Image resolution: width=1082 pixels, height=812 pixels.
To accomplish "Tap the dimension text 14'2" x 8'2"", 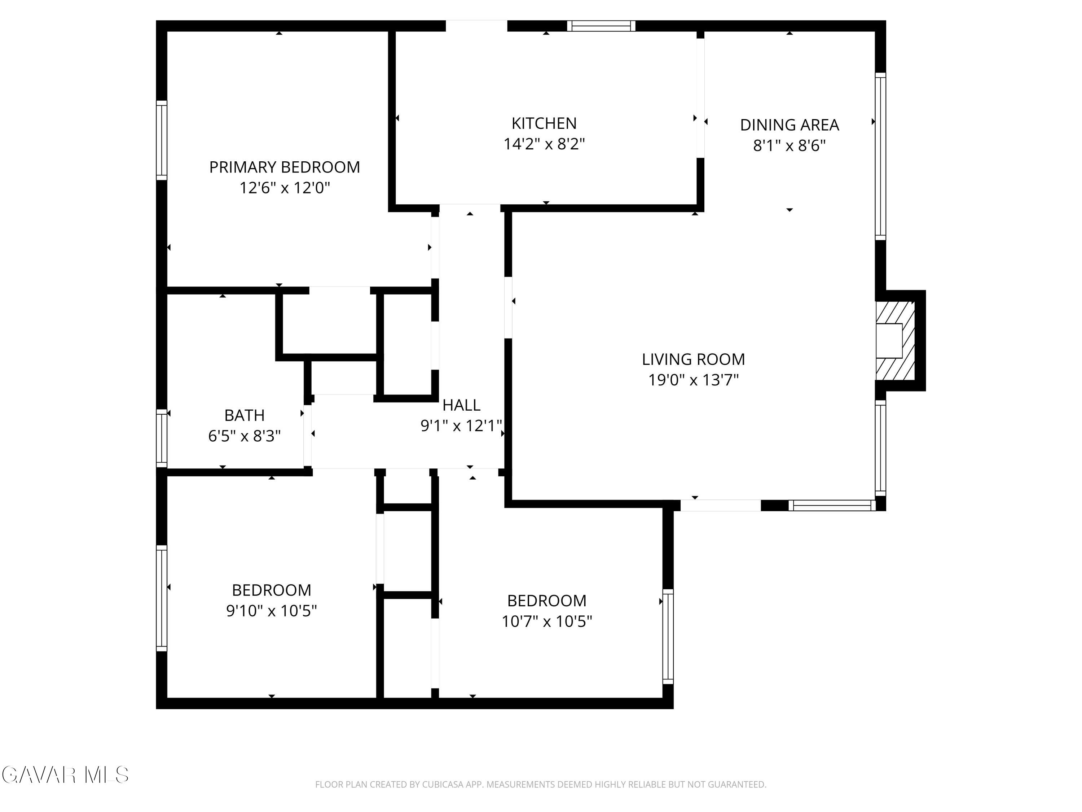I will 544,144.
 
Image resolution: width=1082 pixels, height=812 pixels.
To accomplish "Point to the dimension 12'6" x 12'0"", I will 284,188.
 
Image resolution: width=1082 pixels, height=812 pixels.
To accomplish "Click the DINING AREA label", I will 789,125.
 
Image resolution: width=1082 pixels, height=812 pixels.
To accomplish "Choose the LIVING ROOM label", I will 693,359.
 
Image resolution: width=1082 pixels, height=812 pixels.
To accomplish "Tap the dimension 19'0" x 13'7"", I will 693,380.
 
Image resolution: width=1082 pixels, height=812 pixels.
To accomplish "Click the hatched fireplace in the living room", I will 895,341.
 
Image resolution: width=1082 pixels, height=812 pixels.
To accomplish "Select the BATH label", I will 244,415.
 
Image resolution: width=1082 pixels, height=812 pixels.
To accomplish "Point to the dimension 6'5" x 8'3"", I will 244,436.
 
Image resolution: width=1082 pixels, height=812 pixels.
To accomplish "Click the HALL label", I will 461,405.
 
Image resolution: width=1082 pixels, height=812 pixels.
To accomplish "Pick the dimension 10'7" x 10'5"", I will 546,621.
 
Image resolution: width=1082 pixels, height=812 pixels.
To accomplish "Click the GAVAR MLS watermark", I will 65,775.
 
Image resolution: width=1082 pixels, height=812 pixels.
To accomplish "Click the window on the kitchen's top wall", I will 601,26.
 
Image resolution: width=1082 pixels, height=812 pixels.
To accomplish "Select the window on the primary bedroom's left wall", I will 162,140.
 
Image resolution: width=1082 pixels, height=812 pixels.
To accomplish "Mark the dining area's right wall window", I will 880,156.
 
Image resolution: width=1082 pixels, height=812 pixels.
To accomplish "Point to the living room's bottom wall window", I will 832,505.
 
